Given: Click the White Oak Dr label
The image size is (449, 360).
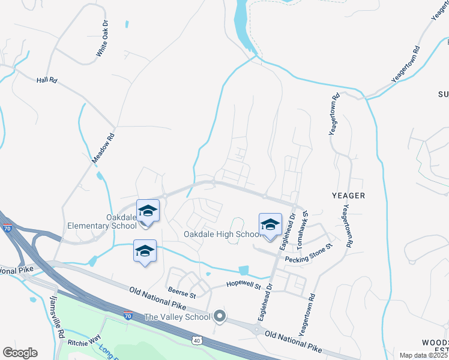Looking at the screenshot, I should click(x=103, y=41).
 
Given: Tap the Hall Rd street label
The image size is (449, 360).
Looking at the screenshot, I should click(x=46, y=79).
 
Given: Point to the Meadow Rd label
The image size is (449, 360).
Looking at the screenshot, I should click(x=103, y=148).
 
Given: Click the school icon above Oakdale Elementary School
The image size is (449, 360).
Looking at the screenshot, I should click(x=148, y=211).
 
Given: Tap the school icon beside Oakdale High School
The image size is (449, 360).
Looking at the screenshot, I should click(x=270, y=224).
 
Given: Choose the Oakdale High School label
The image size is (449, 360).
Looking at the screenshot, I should click(x=221, y=234).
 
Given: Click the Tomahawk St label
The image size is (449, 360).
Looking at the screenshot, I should click(x=305, y=223).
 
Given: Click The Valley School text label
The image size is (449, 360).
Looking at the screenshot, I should click(x=177, y=316).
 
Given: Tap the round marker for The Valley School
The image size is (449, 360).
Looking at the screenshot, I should click(x=220, y=316).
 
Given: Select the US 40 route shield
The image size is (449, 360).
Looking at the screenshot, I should click(x=196, y=341).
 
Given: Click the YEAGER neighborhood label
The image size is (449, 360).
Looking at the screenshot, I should click(x=348, y=196).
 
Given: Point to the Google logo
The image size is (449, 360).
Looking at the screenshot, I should click(x=20, y=352).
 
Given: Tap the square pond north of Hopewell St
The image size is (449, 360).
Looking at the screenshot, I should click(x=243, y=271).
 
